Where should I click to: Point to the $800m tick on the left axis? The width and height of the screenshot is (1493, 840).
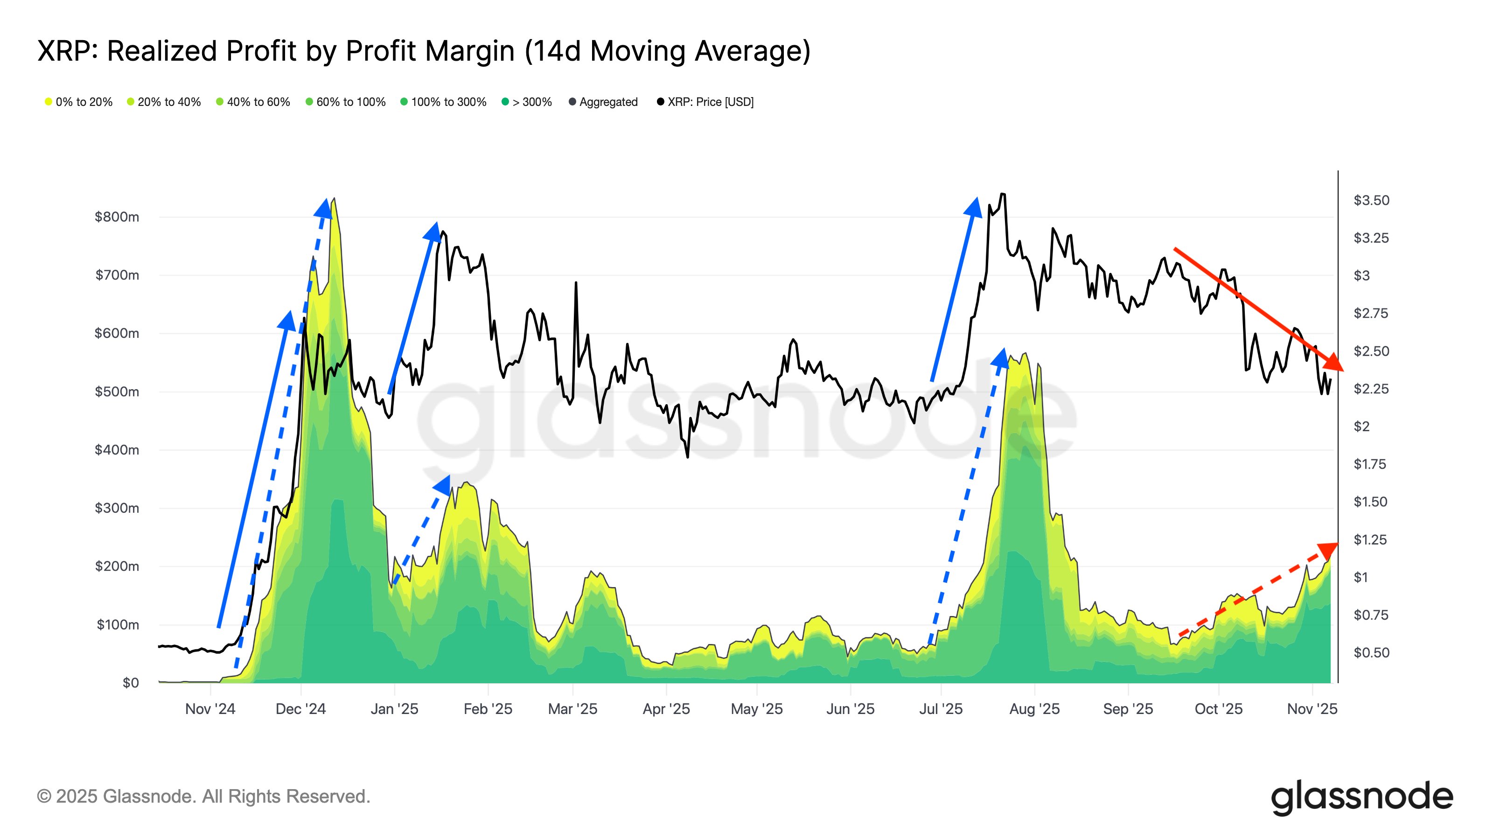pyautogui.click(x=117, y=217)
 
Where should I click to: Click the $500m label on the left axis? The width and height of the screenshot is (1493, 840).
pyautogui.click(x=117, y=392)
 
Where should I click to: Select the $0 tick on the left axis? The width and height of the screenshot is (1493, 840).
pyautogui.click(x=131, y=682)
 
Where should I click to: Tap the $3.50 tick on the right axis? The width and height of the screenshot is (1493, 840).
pyautogui.click(x=1371, y=200)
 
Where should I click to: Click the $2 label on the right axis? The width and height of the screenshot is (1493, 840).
pyautogui.click(x=1361, y=426)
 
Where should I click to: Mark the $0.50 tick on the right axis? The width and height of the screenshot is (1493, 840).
pyautogui.click(x=1371, y=652)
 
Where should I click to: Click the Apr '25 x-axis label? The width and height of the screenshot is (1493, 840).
pyautogui.click(x=666, y=708)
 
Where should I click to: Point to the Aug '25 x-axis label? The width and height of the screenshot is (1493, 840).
pyautogui.click(x=1034, y=708)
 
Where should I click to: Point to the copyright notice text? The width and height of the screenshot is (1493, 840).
pyautogui.click(x=203, y=796)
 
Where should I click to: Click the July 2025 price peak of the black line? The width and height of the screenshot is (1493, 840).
pyautogui.click(x=1003, y=194)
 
